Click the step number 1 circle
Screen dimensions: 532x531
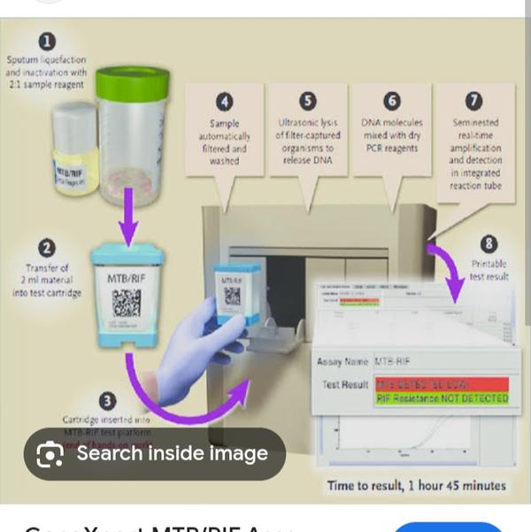point(46,41)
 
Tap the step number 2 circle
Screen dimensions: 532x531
point(46,249)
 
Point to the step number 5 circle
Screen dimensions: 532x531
point(307,100)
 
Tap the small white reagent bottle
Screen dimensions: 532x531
point(74,146)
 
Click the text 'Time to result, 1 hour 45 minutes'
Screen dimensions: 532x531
point(416,485)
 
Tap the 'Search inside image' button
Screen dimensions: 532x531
point(155,454)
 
